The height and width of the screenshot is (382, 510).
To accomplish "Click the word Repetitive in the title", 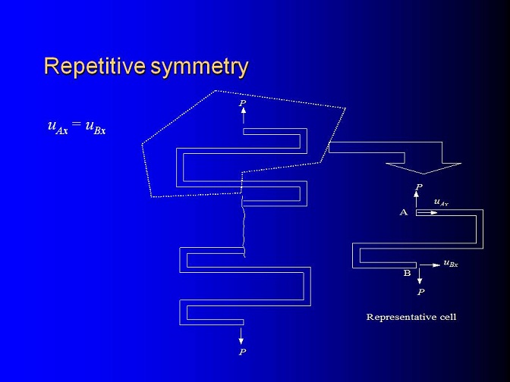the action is pos(95,67).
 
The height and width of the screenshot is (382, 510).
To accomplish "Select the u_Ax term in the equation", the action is pos(58,127).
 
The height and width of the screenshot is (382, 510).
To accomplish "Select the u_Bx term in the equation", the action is pos(96,127).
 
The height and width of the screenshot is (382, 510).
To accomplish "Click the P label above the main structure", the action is pos(243,103).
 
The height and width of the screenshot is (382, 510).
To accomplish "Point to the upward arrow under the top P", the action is pos(244,115).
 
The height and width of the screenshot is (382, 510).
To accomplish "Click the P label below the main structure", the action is pos(242,352).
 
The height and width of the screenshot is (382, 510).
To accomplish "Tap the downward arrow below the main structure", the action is pos(241,336).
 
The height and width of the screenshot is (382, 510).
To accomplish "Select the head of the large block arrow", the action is pos(423,168).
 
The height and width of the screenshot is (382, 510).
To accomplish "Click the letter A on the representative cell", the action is pos(404,212).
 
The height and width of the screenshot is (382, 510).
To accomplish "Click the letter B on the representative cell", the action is pos(408,273).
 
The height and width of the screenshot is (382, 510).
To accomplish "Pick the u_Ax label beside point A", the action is pos(442,202).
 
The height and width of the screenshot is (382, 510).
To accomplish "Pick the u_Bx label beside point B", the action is pos(451,264).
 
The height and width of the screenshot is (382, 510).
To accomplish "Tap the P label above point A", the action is pos(419,187).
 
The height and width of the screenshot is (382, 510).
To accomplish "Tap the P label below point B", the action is pos(420,292).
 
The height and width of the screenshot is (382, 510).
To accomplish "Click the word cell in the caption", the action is pos(448,317).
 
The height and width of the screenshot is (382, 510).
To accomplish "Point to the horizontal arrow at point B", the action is pos(430,265).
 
